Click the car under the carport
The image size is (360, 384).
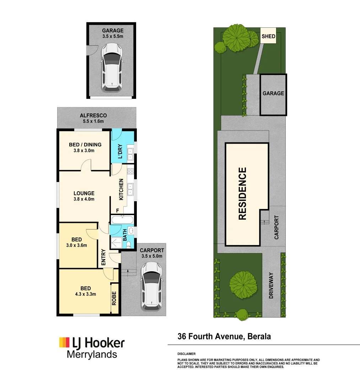pyautogui.click(x=151, y=286)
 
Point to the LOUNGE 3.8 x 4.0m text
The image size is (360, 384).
pyautogui.click(x=84, y=196)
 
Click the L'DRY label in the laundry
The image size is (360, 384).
pyautogui.click(x=120, y=151)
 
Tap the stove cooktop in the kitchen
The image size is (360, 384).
pyautogui.click(x=130, y=172)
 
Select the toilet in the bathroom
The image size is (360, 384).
pyautogui.click(x=130, y=244)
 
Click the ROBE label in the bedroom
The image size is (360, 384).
pyautogui.click(x=114, y=299)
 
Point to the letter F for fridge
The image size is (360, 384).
pyautogui.click(x=113, y=210)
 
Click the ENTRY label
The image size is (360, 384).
pyautogui.click(x=103, y=258)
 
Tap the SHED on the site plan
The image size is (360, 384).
pyautogui.click(x=268, y=36)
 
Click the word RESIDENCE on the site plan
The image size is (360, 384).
pyautogui.click(x=242, y=194)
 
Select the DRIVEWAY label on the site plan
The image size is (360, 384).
pyautogui.click(x=271, y=285)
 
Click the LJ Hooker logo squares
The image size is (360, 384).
pyautogui.click(x=64, y=342)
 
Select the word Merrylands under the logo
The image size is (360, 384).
pyautogui.click(x=92, y=354)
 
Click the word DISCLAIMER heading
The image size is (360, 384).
pyautogui.click(x=186, y=354)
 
